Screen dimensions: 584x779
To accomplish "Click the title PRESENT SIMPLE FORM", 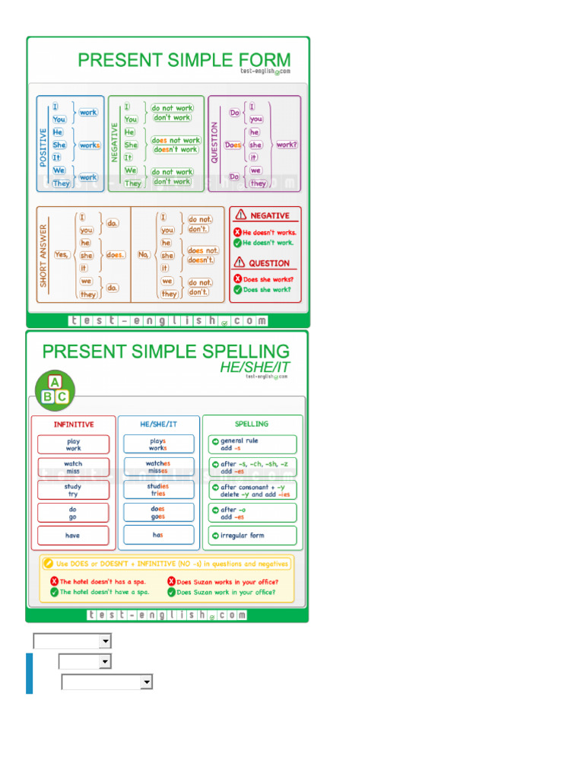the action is click(184, 59).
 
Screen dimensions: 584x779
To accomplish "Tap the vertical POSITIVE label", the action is click(43, 147).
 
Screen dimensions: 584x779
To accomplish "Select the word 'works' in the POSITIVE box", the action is click(89, 145).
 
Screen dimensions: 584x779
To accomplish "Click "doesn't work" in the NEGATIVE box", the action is click(176, 150).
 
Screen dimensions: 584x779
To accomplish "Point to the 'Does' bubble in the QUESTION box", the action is click(233, 145).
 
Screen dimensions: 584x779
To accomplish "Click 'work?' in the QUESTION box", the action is click(287, 145).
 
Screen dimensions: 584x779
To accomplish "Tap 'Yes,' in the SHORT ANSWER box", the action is click(62, 255).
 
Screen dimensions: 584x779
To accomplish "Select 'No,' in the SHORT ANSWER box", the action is click(144, 255).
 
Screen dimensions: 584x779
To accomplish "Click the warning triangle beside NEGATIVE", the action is click(241, 215).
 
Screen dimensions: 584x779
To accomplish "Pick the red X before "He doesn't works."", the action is click(237, 232).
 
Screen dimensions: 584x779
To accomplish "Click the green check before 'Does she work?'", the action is click(237, 290).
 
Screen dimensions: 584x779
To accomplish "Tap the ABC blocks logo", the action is click(55, 389).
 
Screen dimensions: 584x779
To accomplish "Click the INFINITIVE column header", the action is click(74, 424).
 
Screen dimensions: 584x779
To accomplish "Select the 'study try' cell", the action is click(73, 490).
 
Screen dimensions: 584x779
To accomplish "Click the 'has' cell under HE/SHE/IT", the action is click(158, 535).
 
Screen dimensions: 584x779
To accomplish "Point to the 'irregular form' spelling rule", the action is click(252, 536).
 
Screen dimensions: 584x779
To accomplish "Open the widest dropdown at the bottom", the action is click(106, 682).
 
